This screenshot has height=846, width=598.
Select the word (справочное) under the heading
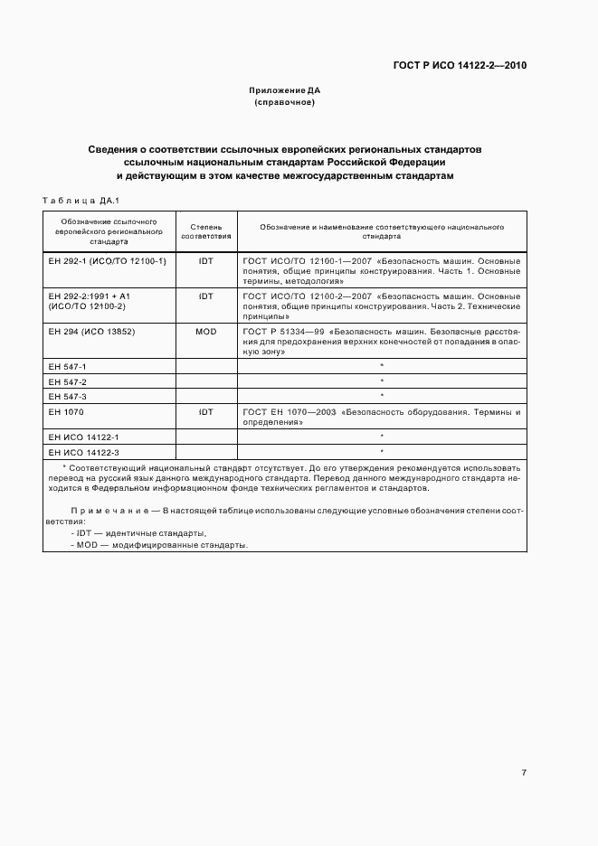point(285,103)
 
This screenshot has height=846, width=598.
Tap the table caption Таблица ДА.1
point(81,200)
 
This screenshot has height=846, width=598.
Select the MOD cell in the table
point(205,332)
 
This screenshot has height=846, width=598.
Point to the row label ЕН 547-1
point(68,366)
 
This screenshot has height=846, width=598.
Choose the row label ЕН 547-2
point(68,382)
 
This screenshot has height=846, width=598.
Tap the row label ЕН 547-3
point(68,397)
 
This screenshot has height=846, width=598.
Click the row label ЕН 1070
point(64,412)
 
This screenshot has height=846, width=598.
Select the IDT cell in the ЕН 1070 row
point(205,412)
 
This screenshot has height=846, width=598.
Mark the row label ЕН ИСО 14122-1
point(82,437)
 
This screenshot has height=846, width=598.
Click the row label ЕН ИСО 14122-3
point(82,451)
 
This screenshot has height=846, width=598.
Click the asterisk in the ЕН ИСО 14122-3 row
point(382,451)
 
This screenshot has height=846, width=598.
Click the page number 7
point(524,773)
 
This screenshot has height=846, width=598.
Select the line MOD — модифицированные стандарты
point(159,545)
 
